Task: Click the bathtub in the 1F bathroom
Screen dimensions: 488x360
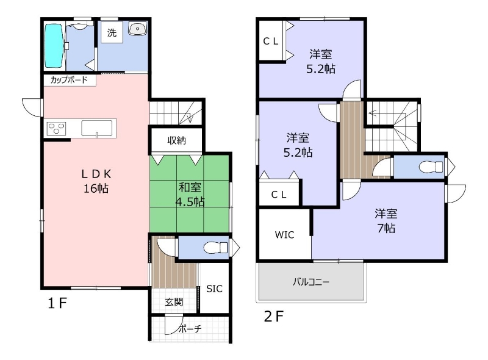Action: click(x=54, y=46)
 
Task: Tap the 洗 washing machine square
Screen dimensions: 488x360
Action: click(x=112, y=32)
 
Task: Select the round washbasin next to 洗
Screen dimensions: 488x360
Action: click(x=137, y=29)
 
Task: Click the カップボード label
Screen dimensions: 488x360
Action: click(x=69, y=80)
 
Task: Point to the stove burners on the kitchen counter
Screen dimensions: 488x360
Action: click(x=56, y=129)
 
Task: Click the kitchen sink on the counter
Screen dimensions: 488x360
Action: click(x=97, y=128)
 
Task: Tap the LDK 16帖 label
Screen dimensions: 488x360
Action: click(x=96, y=181)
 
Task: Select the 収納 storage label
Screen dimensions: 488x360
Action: click(x=176, y=140)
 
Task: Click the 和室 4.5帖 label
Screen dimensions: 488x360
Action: click(x=190, y=195)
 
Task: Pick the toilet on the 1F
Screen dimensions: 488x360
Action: click(x=216, y=248)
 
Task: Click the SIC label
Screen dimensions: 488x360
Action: click(x=215, y=289)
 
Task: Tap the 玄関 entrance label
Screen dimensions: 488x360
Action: click(x=174, y=302)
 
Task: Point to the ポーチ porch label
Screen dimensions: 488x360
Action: click(x=190, y=328)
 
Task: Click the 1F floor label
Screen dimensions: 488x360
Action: click(x=57, y=303)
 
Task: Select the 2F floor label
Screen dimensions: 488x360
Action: click(x=274, y=317)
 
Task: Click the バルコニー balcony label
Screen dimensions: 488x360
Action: click(x=311, y=282)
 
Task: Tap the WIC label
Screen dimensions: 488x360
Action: click(x=284, y=235)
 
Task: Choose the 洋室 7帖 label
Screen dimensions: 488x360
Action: click(x=386, y=221)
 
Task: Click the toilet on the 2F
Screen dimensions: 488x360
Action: click(x=431, y=167)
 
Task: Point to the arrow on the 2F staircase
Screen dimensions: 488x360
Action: click(x=387, y=113)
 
